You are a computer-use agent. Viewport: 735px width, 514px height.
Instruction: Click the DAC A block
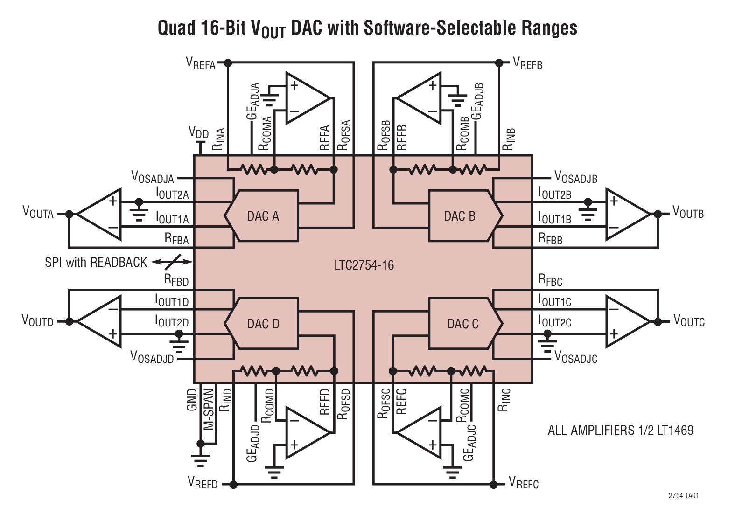263,216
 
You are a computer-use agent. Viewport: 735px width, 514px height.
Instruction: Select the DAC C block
463,323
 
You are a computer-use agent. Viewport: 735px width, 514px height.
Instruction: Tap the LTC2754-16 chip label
364,265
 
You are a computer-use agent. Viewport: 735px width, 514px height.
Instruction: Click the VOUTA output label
38,213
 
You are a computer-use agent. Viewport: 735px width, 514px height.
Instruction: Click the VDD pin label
198,132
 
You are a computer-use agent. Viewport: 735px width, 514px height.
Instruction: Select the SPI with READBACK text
96,263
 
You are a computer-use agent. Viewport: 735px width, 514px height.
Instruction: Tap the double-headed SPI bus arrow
172,262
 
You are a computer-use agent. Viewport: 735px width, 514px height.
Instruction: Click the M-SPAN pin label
209,409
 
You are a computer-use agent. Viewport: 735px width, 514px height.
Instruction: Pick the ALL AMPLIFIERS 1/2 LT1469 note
620,430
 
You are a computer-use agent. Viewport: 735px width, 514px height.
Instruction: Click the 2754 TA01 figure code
683,496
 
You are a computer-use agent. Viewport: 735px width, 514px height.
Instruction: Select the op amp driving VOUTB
627,214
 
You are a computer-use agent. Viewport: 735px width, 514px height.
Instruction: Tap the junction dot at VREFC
493,485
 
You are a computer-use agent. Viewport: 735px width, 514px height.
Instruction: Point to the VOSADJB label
575,177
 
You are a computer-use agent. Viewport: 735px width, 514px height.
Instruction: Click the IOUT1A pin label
172,218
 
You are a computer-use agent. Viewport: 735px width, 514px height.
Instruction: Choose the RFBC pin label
550,280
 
